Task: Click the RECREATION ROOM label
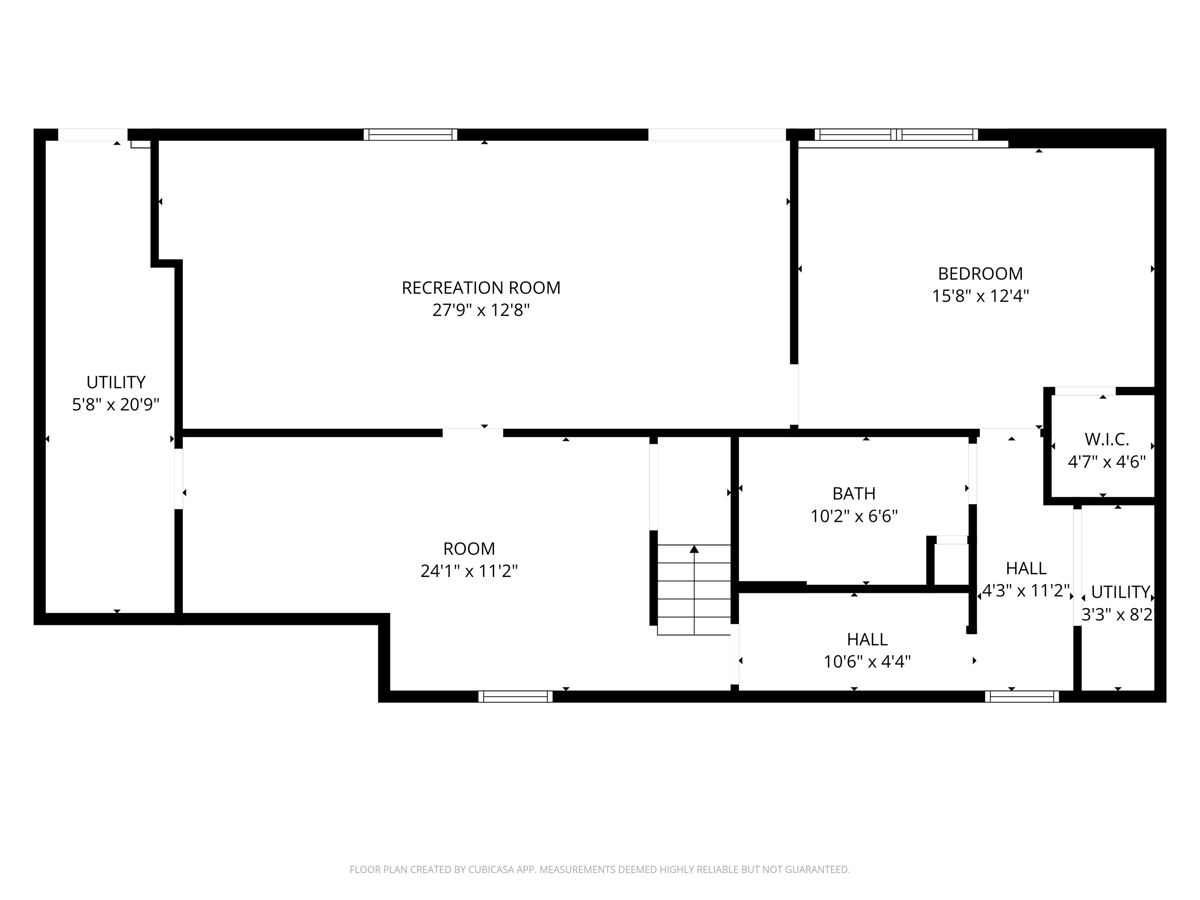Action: point(480,287)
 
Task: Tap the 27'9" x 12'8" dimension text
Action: point(480,310)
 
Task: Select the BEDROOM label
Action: point(980,273)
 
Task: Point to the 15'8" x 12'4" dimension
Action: point(980,296)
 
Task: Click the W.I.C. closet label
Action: point(1107,439)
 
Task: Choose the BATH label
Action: point(854,494)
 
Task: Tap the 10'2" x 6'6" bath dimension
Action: point(854,516)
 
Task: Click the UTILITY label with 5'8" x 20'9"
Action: point(116,382)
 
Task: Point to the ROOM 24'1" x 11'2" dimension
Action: point(469,571)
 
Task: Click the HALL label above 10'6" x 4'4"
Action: point(867,639)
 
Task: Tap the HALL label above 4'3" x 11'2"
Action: point(1026,568)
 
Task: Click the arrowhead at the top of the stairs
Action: point(694,550)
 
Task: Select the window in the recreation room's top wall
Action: point(410,134)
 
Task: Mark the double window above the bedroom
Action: point(896,134)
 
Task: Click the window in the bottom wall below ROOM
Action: point(515,696)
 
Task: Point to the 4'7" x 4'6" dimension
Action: point(1107,462)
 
